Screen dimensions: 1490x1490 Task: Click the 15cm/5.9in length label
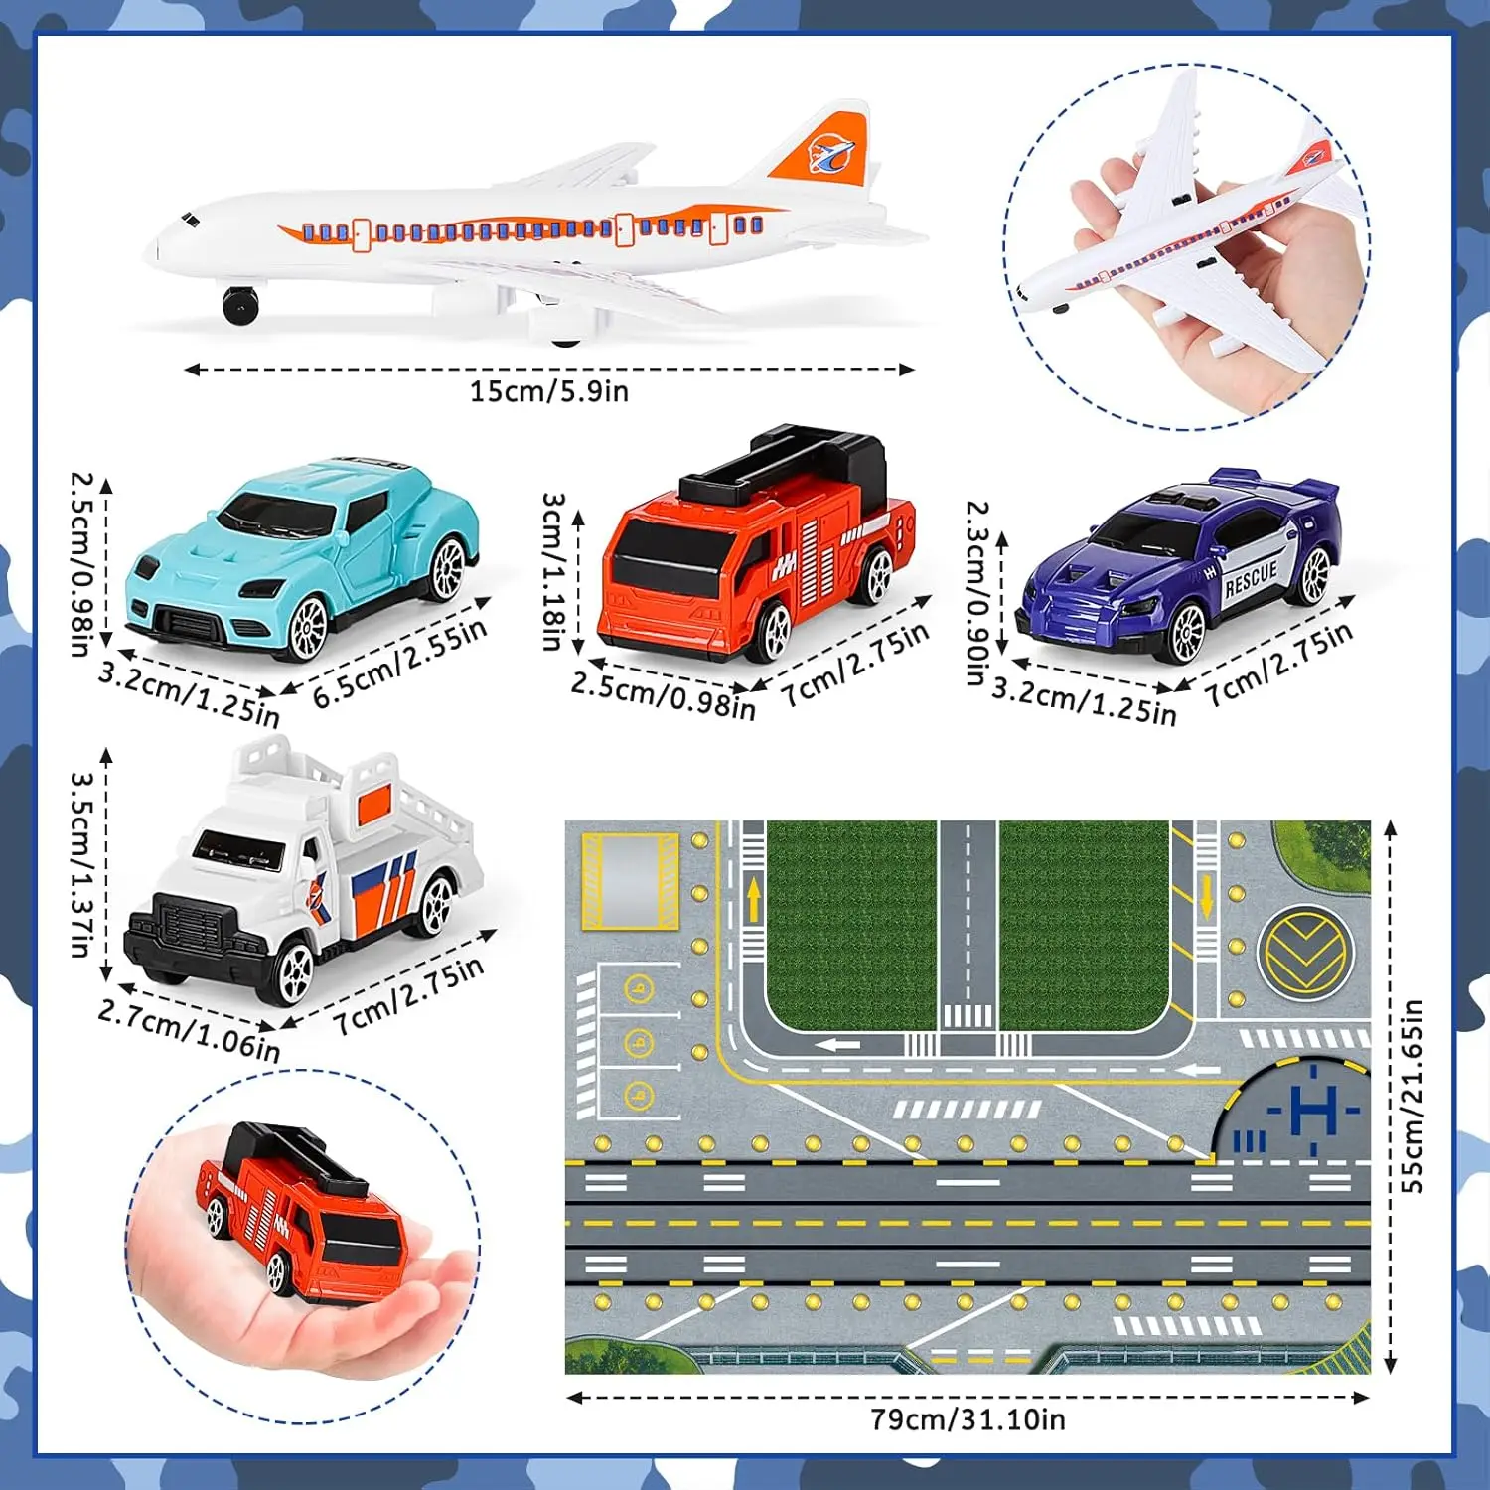549,391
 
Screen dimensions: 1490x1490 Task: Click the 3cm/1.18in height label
554,570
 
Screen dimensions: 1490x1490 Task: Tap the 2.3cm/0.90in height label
978,593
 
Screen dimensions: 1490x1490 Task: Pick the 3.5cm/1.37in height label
82,864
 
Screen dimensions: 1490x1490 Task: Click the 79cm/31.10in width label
968,1419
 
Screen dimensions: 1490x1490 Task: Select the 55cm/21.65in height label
1412,1096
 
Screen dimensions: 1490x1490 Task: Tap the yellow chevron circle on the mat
1305,951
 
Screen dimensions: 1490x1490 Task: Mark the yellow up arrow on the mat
754,898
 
